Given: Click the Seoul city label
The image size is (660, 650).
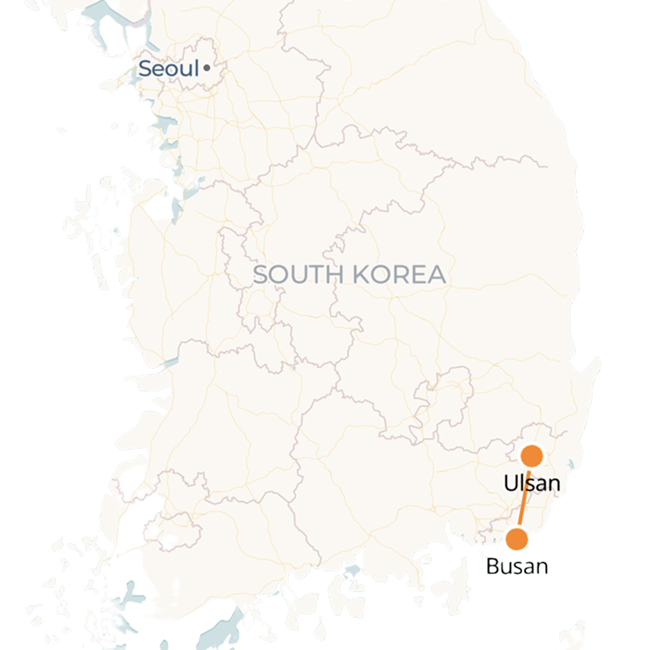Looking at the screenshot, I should [169, 69].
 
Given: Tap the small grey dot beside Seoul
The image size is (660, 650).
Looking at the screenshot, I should [206, 69].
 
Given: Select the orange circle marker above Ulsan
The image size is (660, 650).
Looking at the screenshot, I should [532, 455].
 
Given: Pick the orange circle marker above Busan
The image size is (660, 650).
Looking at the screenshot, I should [517, 539].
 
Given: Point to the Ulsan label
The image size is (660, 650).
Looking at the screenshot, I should [532, 483].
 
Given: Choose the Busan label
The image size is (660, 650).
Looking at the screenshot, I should [517, 566].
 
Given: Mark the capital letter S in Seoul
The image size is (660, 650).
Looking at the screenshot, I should [145, 69].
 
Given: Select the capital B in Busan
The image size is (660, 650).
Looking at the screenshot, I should [493, 566].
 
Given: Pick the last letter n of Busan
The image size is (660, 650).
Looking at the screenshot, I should [542, 567].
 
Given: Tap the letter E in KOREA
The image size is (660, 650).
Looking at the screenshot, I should [418, 274].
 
